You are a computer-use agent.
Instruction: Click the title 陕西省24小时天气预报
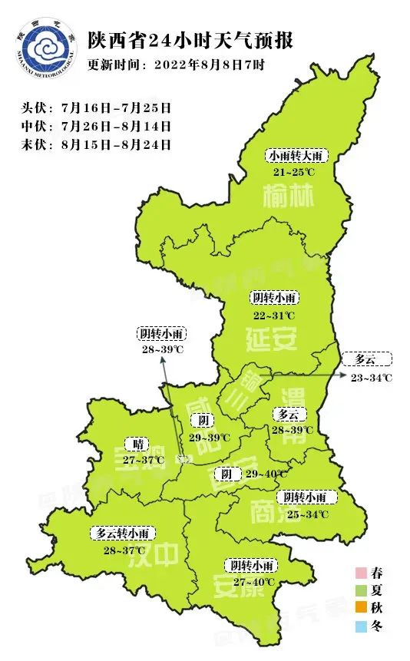pyautogui.click(x=190, y=40)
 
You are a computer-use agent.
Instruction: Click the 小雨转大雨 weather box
pyautogui.click(x=298, y=156)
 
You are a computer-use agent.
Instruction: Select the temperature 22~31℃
pyautogui.click(x=274, y=315)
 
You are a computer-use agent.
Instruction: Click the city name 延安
pyautogui.click(x=272, y=339)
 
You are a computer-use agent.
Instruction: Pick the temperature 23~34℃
pyautogui.click(x=372, y=377)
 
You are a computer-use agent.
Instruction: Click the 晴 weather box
pyautogui.click(x=138, y=444)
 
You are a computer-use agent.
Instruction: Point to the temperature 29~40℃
pyautogui.click(x=266, y=474)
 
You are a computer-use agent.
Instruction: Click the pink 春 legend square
pyautogui.click(x=359, y=573)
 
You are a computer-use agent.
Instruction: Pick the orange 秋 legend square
pyautogui.click(x=359, y=609)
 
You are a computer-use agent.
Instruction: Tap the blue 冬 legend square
pyautogui.click(x=359, y=627)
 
